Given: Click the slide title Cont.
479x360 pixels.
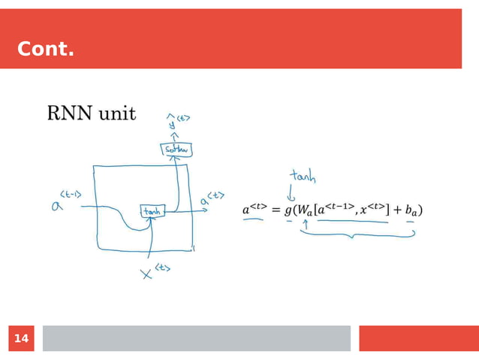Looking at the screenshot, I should tap(46, 50).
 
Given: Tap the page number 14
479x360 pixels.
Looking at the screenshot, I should tap(22, 339).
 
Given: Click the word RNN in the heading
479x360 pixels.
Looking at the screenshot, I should tap(69, 113).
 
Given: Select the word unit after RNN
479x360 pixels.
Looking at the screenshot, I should tap(116, 113).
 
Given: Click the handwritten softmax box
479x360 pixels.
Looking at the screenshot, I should tap(176, 150).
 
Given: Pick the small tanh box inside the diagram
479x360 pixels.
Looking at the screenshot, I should tap(152, 212).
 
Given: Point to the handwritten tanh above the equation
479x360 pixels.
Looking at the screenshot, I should tap(303, 178).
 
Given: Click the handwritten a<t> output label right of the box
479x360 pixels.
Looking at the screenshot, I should tap(210, 199).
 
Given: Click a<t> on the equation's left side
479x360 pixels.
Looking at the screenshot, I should tap(254, 209).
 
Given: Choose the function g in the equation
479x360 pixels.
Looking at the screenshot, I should tap(288, 210).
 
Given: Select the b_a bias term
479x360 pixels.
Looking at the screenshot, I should tap(411, 210).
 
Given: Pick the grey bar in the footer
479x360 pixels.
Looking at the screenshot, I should tap(196, 338).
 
